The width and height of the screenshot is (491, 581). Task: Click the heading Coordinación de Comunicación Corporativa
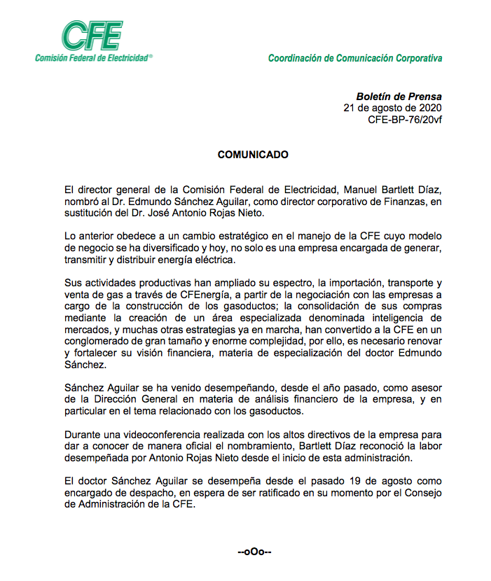tap(355, 58)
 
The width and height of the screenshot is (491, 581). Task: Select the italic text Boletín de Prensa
tap(399, 97)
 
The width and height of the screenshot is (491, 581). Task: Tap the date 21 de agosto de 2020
tap(393, 108)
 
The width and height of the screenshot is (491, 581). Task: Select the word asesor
tap(408, 389)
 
